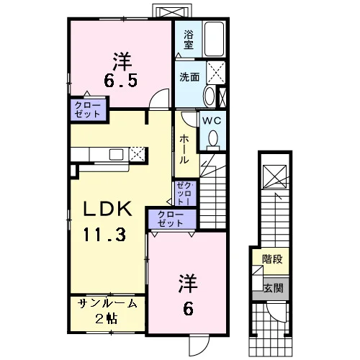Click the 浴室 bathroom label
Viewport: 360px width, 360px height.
[x=189, y=40]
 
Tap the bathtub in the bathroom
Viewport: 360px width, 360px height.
[x=214, y=39]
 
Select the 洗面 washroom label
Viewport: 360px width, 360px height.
[x=189, y=77]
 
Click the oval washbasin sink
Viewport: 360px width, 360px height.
[x=209, y=96]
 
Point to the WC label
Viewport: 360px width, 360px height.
[x=212, y=120]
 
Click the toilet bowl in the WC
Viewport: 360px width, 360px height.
[x=213, y=139]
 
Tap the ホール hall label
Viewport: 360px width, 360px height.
[x=184, y=149]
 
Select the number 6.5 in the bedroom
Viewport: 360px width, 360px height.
[x=121, y=80]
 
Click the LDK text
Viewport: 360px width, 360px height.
[x=107, y=209]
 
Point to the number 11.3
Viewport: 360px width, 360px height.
[x=104, y=235]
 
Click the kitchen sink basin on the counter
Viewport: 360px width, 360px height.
[x=116, y=154]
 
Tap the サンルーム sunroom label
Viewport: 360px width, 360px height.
[x=107, y=304]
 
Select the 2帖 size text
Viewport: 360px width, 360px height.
[x=107, y=319]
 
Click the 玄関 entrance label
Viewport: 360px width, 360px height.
[x=274, y=288]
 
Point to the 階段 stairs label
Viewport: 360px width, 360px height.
[x=272, y=259]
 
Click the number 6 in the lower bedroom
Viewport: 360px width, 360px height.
[x=188, y=309]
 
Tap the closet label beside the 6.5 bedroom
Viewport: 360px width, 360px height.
[x=87, y=109]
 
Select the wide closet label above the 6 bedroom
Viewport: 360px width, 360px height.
[x=171, y=219]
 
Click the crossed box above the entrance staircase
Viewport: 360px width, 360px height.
[x=275, y=177]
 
